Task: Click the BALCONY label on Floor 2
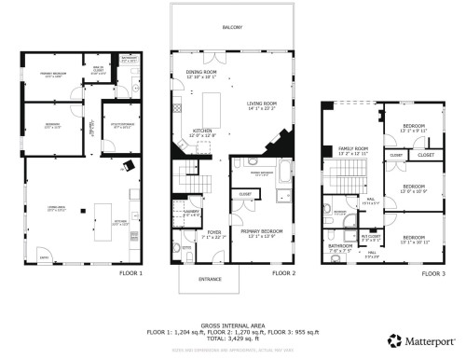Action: point(232,28)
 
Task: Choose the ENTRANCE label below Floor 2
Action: point(208,278)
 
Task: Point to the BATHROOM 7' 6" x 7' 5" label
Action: point(339,247)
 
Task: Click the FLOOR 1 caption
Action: point(130,274)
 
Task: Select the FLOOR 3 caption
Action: point(433,274)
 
